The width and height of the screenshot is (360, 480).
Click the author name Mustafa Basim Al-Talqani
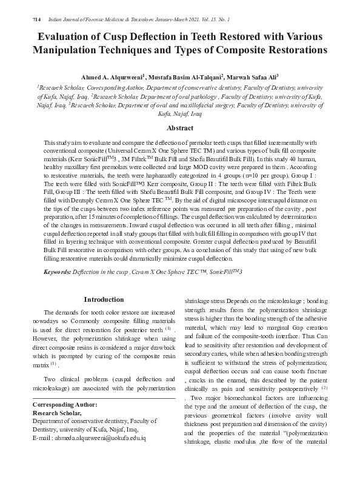(x=185, y=78)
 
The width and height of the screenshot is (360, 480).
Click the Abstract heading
(x=179, y=128)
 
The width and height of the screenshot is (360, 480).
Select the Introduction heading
(x=104, y=300)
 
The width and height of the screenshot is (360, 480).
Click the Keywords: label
(x=61, y=273)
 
